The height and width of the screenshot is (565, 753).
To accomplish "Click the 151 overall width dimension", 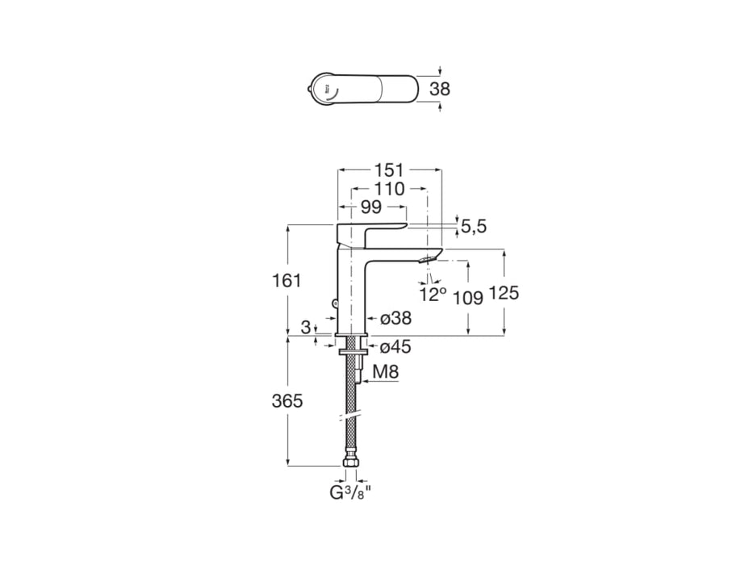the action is coord(389,170).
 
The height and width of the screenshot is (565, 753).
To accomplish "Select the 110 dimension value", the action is coord(389,189).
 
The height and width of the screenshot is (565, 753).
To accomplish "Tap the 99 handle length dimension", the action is coord(371,207).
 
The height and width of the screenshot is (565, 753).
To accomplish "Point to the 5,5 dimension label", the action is coord(474,226).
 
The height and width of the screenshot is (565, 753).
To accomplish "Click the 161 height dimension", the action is coord(287,281).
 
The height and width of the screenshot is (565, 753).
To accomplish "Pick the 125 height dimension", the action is coord(504,292).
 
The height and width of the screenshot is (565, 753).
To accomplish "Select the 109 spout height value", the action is coord(468,298).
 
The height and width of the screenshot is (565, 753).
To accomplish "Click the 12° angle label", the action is coord(433,294).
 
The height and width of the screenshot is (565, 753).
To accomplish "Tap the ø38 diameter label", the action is coord(395,318).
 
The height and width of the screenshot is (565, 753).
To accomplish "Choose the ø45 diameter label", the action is coord(395,346).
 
